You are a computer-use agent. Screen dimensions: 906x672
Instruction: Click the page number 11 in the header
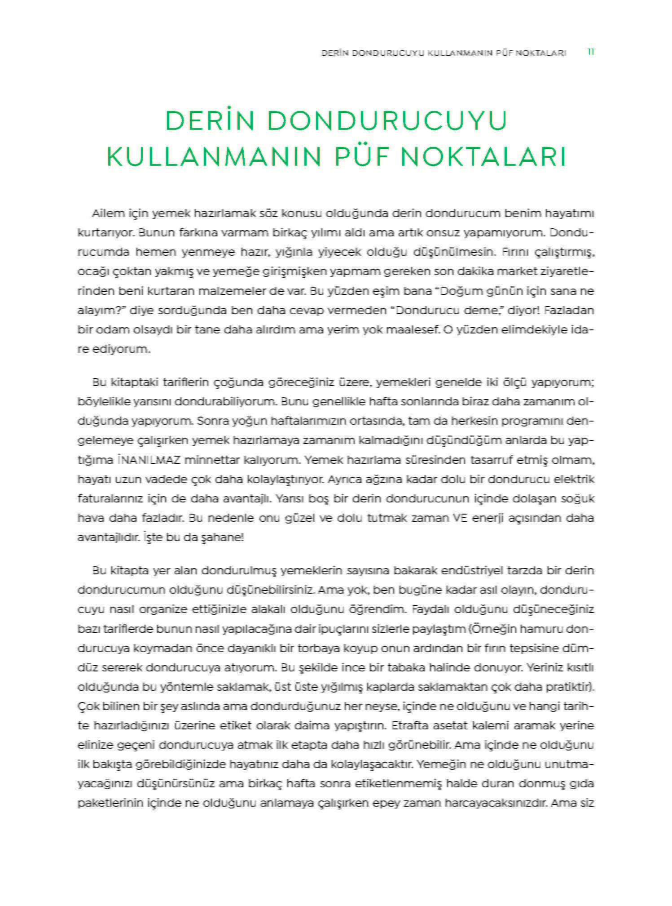[x=590, y=52]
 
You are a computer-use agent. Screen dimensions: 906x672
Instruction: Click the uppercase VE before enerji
[x=460, y=518]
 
